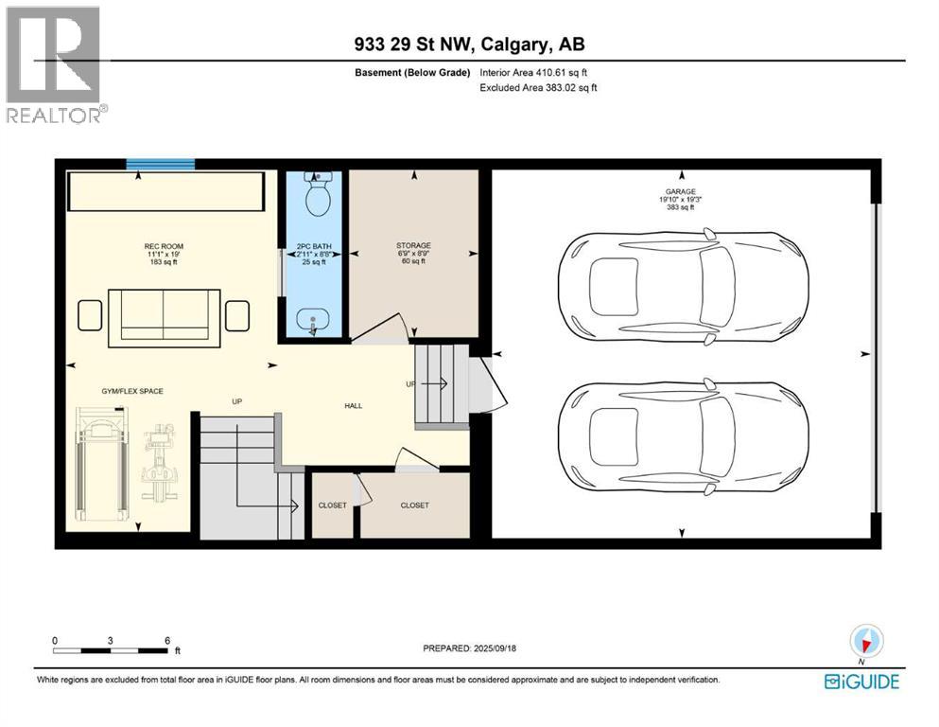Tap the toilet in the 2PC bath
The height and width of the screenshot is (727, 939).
[315, 196]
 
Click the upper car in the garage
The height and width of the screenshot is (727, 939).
[683, 280]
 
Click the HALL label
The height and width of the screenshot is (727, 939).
[352, 405]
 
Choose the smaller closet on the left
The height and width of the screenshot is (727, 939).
[332, 505]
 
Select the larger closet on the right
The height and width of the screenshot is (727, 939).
[414, 505]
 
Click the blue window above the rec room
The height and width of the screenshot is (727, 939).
[161, 165]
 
